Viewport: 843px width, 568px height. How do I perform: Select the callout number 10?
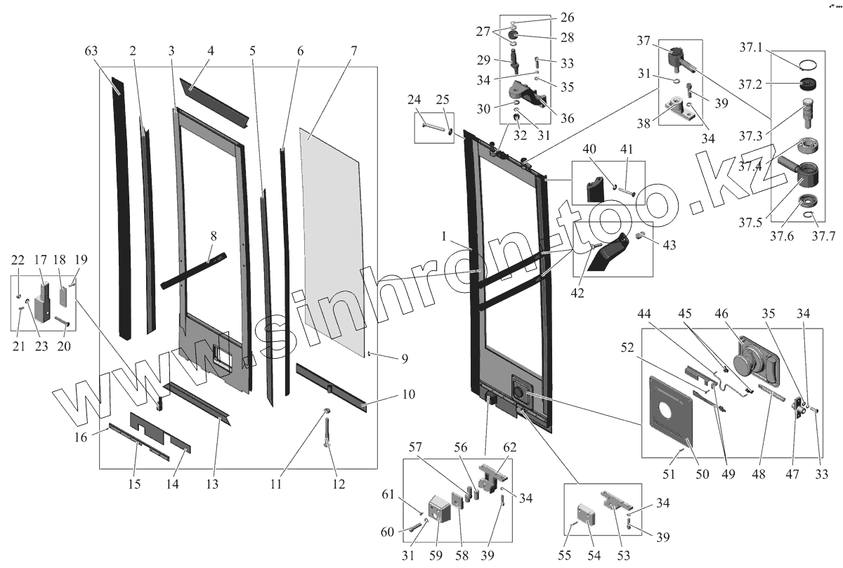point(408,395)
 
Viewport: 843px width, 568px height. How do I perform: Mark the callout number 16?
point(81,437)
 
